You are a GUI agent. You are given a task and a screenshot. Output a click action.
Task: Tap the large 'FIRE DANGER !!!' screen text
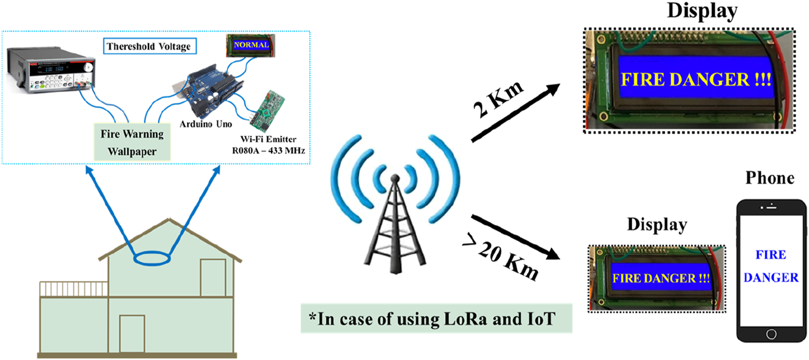click(694, 78)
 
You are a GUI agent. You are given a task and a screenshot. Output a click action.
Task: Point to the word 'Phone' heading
click(770, 177)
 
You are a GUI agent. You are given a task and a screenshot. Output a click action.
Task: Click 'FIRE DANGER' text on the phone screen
click(771, 266)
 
